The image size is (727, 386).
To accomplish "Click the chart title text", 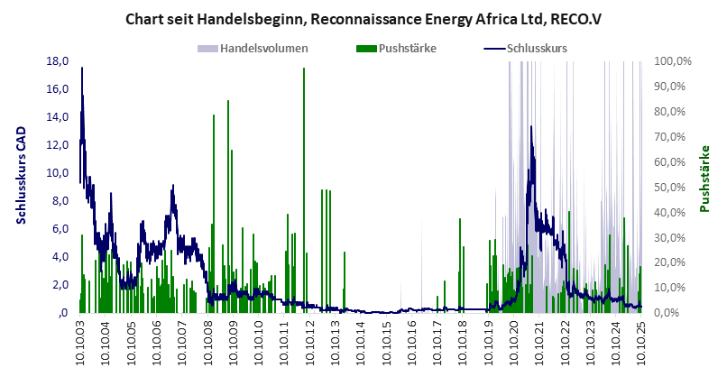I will (x=363, y=18).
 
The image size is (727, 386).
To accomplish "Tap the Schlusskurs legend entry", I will (x=538, y=48).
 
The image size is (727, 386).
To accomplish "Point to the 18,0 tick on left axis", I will (x=58, y=61).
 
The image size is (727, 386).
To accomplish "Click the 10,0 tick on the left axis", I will (x=58, y=173).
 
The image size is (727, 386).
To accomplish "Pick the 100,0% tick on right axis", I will (x=673, y=61).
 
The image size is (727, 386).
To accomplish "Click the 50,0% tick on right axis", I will (x=673, y=188).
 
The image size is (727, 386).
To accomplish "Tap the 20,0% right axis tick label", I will (x=673, y=262).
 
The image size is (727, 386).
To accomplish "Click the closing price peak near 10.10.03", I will (x=82, y=69).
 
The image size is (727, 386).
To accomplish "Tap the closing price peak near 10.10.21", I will (x=531, y=127).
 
